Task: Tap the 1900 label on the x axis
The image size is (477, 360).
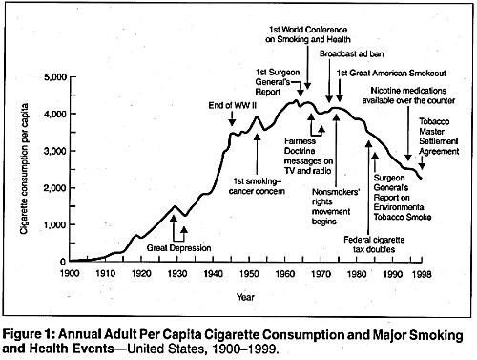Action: coord(69,273)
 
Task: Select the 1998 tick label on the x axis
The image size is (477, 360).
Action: coord(425,273)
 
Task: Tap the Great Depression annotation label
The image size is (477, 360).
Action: coord(178,249)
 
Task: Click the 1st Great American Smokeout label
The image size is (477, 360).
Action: coord(397,74)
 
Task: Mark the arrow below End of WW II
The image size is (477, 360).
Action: coord(232,119)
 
